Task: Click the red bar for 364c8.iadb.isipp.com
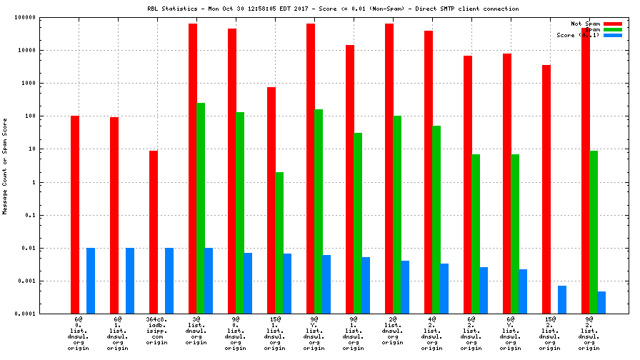(154, 232)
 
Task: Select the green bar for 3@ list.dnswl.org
(201, 208)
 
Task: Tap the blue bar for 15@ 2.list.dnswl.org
(562, 299)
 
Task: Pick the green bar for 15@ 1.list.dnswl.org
(279, 243)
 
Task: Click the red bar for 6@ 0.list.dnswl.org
(75, 214)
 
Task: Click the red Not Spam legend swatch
(613, 24)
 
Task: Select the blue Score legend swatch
(613, 35)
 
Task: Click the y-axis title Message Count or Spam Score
(5, 166)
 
